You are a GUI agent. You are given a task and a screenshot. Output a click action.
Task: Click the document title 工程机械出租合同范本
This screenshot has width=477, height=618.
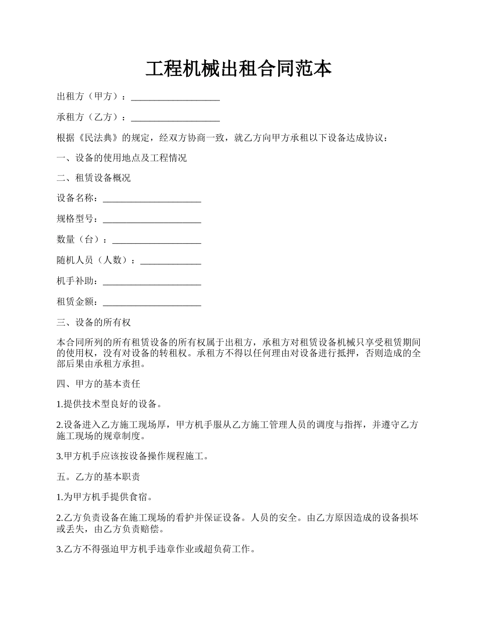point(238,69)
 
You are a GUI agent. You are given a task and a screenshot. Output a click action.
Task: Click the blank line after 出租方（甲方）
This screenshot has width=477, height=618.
point(175,97)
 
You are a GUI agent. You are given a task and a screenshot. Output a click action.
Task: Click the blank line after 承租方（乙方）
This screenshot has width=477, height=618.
point(175,118)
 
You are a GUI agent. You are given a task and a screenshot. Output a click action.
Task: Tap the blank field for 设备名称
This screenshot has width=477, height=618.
point(152,199)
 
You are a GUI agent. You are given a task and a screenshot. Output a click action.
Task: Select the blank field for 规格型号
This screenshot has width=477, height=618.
point(152,220)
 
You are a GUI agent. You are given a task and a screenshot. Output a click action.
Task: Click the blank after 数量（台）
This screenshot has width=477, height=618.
point(156,241)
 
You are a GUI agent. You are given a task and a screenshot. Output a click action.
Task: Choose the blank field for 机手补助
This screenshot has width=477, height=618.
point(152,282)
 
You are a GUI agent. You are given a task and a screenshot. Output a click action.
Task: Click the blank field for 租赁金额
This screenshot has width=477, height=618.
point(152,302)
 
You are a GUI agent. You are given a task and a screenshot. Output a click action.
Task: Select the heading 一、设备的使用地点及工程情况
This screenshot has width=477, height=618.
point(122,158)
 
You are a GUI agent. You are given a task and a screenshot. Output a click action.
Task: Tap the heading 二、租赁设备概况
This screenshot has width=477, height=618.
point(94,178)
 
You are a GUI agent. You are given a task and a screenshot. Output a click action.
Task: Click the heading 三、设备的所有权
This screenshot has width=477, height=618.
point(94,323)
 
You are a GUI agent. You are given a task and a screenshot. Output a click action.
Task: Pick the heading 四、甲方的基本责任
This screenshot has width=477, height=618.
point(98,384)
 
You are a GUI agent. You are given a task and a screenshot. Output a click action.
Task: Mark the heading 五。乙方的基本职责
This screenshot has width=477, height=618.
point(98,477)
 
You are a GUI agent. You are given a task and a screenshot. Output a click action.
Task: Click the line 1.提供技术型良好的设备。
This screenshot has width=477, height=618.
point(110,404)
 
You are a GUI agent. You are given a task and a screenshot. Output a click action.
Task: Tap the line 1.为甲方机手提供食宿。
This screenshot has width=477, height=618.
point(105,497)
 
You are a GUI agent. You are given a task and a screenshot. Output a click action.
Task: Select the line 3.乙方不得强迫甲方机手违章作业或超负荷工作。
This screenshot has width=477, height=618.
point(156,550)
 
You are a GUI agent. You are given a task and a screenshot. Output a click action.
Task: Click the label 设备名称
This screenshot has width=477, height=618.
point(75,199)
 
